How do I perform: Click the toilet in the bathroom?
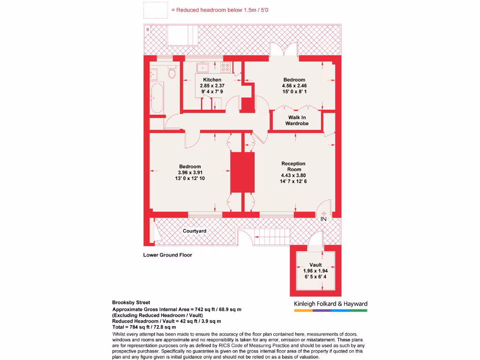pos(172,74)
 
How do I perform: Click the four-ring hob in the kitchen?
pos(225,68)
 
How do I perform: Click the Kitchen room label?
pos(212,80)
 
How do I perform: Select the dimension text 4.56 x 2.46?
pos(294,86)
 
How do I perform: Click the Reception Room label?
pos(293,166)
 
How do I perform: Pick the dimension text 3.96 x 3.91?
pos(190,172)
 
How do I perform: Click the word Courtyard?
pos(195,231)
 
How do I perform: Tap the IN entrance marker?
pos(323,219)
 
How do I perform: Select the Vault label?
pos(315,265)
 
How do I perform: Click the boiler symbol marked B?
pos(148,30)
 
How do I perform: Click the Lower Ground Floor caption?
pos(167,255)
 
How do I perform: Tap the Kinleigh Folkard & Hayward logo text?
pos(330,304)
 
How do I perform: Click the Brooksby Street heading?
pos(131,303)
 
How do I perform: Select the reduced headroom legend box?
pos(155,10)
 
